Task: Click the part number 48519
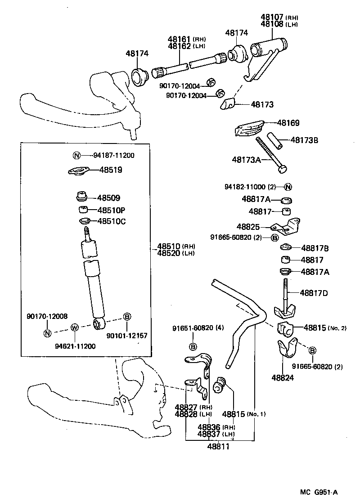111,170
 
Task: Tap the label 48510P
112,210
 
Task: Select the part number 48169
288,123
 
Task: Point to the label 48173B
304,140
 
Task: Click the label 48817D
314,293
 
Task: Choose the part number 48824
283,377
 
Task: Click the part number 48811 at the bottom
218,446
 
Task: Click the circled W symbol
75,327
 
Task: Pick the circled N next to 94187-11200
76,156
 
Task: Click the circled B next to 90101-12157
127,318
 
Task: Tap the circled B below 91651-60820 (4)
193,346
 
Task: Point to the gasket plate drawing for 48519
79,171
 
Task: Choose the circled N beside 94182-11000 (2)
288,187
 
